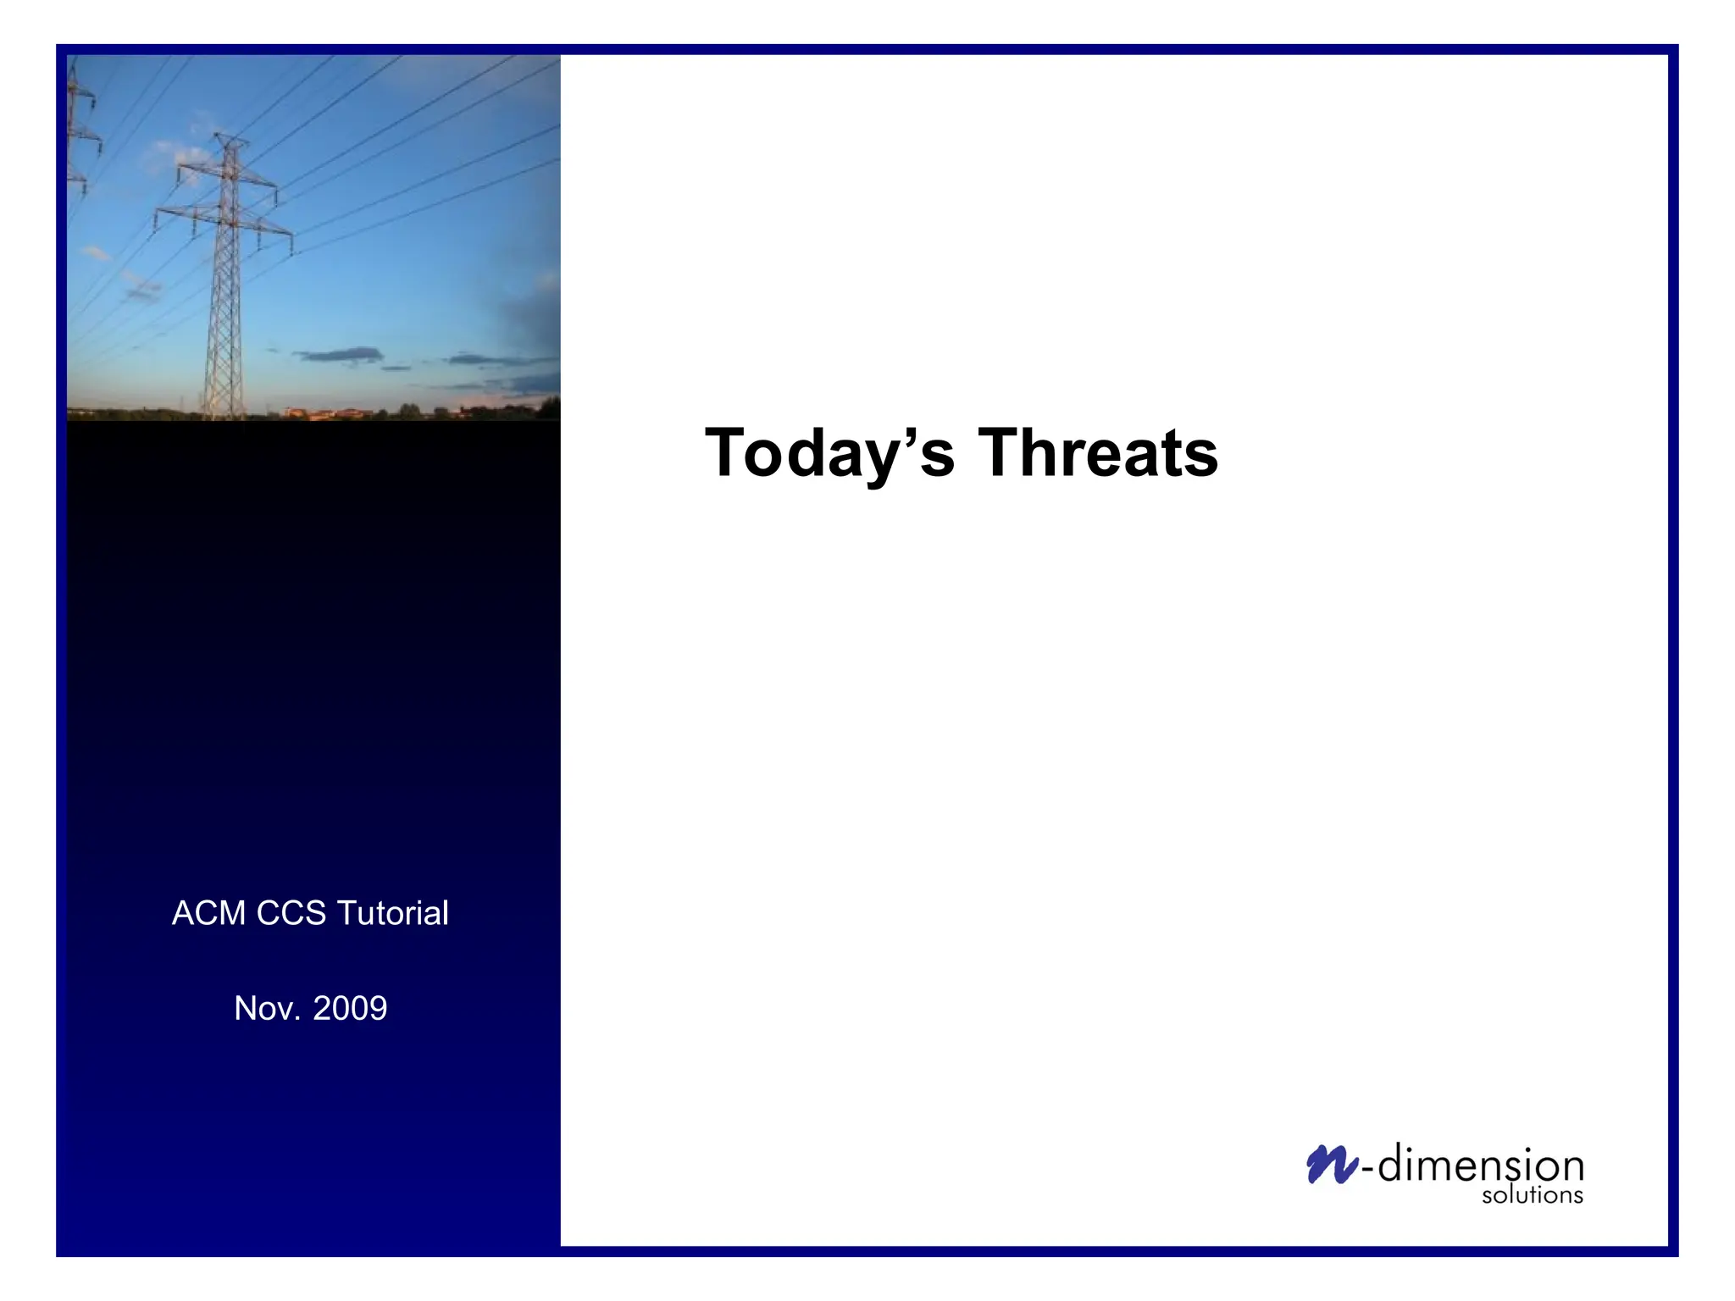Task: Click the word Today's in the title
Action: click(x=829, y=454)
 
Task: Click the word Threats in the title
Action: click(x=1098, y=454)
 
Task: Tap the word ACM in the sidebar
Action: click(x=208, y=913)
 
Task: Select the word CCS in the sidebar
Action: click(x=291, y=913)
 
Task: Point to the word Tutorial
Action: click(x=392, y=913)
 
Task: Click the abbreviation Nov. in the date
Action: click(x=267, y=1008)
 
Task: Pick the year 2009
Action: click(x=350, y=1008)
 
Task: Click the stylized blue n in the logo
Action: click(x=1331, y=1165)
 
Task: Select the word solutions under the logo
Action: click(x=1532, y=1195)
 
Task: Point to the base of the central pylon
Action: click(x=224, y=413)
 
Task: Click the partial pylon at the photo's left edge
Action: click(x=79, y=127)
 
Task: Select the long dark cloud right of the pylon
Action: click(x=339, y=355)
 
